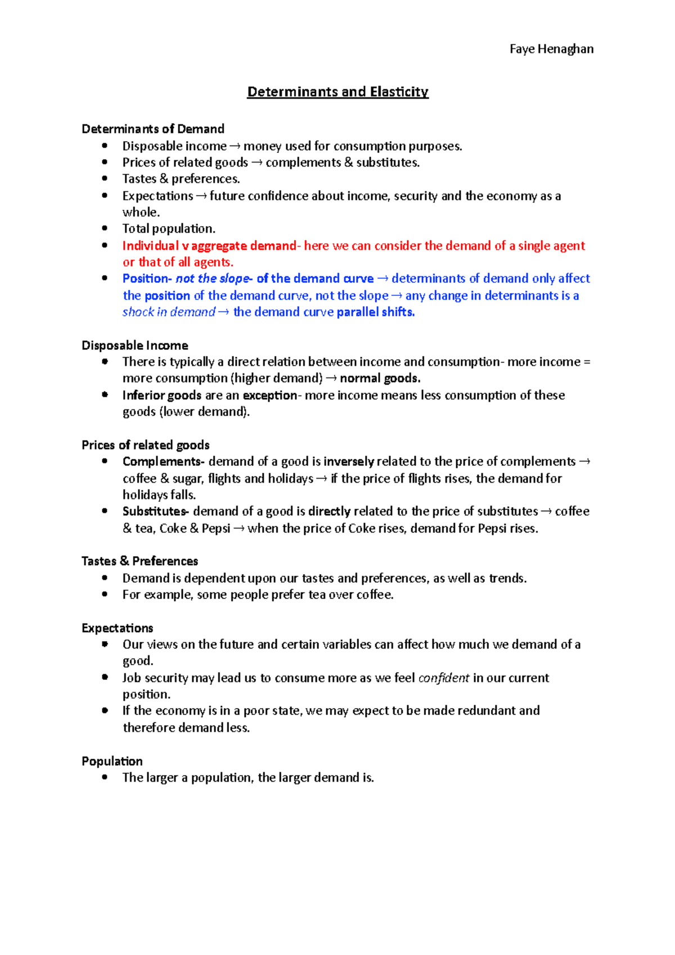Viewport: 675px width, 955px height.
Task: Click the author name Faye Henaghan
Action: tap(551, 49)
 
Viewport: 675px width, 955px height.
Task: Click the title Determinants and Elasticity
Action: tap(337, 92)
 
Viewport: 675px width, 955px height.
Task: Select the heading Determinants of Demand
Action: tap(153, 129)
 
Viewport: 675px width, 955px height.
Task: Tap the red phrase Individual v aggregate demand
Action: tap(209, 246)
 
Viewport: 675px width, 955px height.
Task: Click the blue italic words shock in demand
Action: tap(169, 312)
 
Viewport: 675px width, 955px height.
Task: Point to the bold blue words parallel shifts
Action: tap(375, 312)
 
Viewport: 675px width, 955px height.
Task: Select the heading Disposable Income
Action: tap(135, 345)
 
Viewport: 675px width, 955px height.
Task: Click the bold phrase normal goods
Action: tap(380, 379)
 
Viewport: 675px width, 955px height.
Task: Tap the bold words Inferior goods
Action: tap(162, 395)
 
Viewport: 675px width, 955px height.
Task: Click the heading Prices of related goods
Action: tap(146, 445)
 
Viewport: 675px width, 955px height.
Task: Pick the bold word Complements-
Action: tap(164, 462)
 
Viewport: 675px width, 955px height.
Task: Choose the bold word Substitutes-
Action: tap(156, 511)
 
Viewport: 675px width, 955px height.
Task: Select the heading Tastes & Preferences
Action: tap(139, 561)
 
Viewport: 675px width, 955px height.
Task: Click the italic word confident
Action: tap(443, 678)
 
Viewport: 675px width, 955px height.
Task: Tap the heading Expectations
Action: tap(117, 628)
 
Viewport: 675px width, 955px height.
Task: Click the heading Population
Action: tap(112, 761)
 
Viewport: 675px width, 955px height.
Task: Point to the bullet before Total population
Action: tap(105, 228)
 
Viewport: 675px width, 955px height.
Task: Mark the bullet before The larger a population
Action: tap(105, 777)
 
